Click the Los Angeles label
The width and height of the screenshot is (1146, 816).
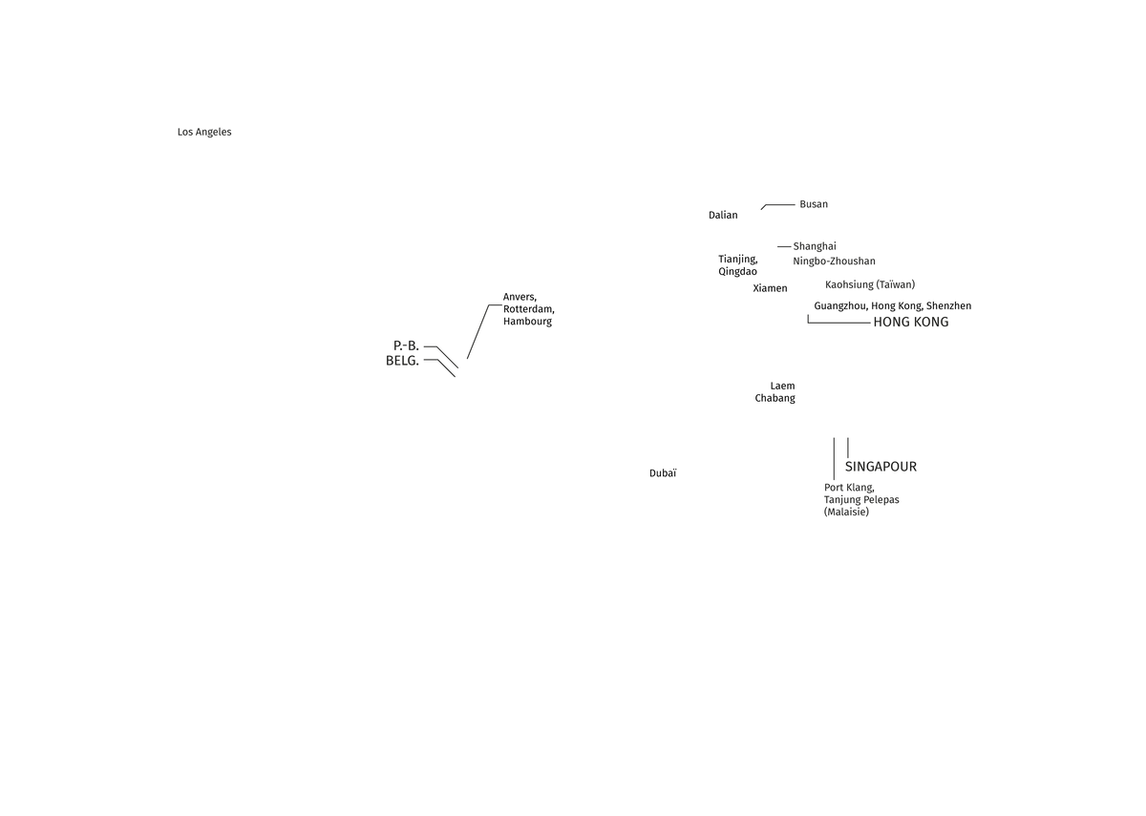click(204, 132)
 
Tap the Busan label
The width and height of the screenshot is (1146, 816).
click(814, 204)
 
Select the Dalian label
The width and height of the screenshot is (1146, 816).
click(723, 216)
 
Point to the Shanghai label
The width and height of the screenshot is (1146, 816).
click(815, 246)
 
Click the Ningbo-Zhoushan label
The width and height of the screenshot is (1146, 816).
click(834, 262)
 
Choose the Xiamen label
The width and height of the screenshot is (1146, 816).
click(770, 288)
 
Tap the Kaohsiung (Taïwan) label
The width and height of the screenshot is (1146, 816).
click(870, 284)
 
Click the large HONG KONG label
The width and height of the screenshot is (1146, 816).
click(911, 323)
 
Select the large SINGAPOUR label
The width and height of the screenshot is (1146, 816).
click(881, 467)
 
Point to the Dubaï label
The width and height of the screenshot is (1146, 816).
click(663, 473)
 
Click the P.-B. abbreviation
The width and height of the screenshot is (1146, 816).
click(406, 345)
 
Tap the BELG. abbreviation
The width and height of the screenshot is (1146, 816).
click(402, 361)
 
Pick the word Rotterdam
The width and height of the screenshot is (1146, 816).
click(528, 309)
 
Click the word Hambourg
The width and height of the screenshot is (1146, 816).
click(527, 322)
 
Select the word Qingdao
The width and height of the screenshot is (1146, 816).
click(737, 271)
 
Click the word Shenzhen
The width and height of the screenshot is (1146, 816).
click(948, 305)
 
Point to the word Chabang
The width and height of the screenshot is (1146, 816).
click(775, 398)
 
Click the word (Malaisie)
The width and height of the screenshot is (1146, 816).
click(846, 512)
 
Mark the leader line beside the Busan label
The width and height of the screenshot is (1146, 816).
click(778, 205)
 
